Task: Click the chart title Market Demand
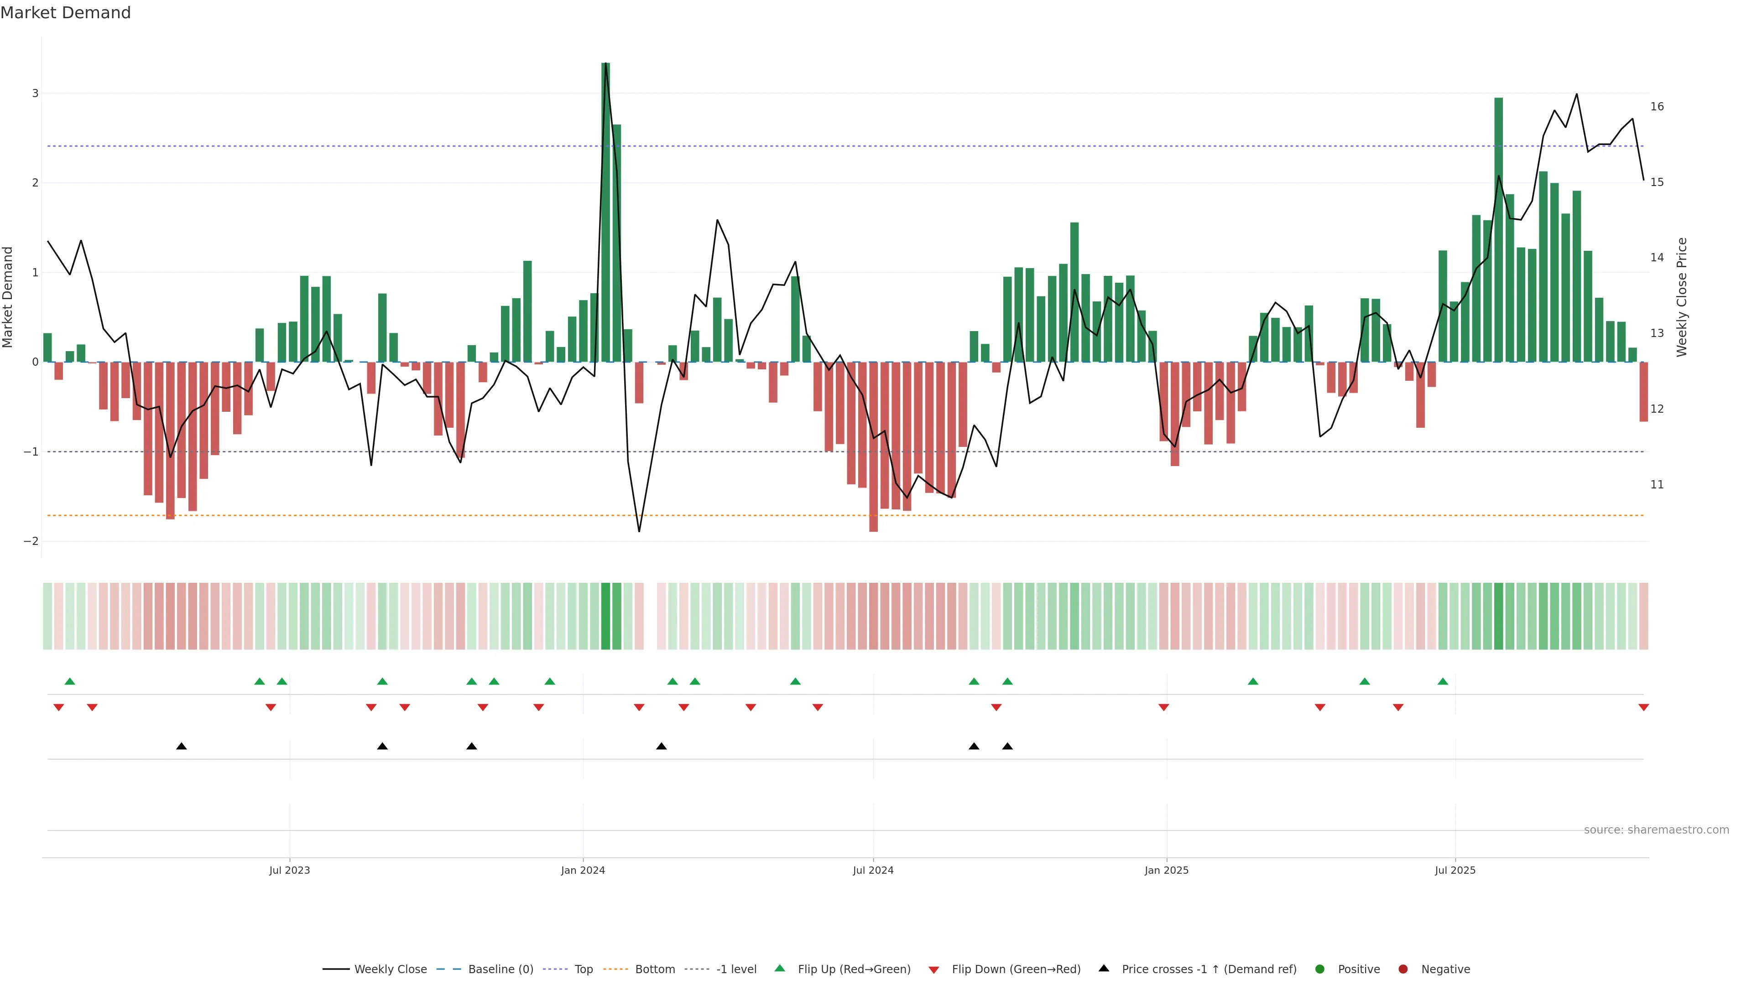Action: pos(65,13)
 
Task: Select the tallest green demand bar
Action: pos(605,212)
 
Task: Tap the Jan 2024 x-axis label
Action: pos(583,870)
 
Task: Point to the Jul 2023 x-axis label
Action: pos(289,870)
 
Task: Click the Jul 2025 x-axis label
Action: pos(1455,870)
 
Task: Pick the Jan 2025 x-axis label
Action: pos(1167,870)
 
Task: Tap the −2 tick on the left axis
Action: pos(31,541)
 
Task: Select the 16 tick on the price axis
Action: pos(1657,106)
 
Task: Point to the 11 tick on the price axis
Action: pos(1657,485)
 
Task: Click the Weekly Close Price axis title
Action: pos(1682,297)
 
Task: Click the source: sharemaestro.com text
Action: pos(1656,830)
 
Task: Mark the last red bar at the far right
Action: pos(1643,392)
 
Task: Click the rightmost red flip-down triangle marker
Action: pos(1643,708)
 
